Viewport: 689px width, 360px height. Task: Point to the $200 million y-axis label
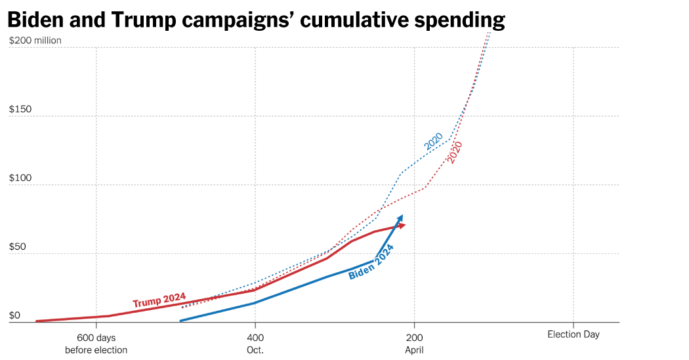click(x=45, y=41)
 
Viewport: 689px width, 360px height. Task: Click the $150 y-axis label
click(x=20, y=110)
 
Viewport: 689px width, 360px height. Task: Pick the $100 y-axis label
click(x=20, y=178)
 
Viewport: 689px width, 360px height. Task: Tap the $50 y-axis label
click(x=18, y=247)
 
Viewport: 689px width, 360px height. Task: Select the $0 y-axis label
click(x=14, y=315)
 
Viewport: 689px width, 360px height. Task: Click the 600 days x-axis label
click(x=96, y=337)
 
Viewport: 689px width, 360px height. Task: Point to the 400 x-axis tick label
click(x=255, y=337)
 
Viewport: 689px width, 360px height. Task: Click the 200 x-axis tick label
click(x=414, y=337)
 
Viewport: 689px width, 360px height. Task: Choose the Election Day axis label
click(x=574, y=334)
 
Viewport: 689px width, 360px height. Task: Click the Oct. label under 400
click(x=255, y=350)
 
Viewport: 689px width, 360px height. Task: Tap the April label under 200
click(x=414, y=350)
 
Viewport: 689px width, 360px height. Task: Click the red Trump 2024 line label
click(x=159, y=300)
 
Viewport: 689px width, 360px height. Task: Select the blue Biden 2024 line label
click(x=371, y=262)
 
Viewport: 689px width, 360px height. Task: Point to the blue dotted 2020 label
click(x=434, y=141)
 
